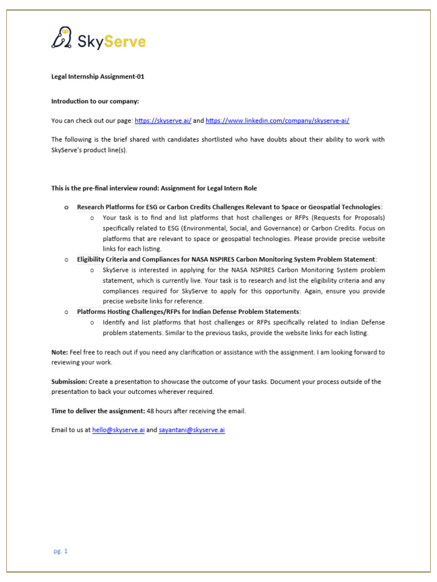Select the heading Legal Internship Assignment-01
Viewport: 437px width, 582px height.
coord(98,77)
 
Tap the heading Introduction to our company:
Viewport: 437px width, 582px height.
coord(95,101)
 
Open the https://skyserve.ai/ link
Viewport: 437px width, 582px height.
coord(163,120)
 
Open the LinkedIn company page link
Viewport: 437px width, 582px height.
coord(277,120)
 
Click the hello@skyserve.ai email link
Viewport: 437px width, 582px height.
coord(118,430)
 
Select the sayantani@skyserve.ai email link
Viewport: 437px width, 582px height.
coord(192,430)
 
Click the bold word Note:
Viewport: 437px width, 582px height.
coord(60,352)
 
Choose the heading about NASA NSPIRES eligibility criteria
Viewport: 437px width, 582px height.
coord(226,260)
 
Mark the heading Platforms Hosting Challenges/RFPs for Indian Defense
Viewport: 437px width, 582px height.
coord(188,312)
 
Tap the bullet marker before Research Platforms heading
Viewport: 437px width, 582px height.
coord(66,207)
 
